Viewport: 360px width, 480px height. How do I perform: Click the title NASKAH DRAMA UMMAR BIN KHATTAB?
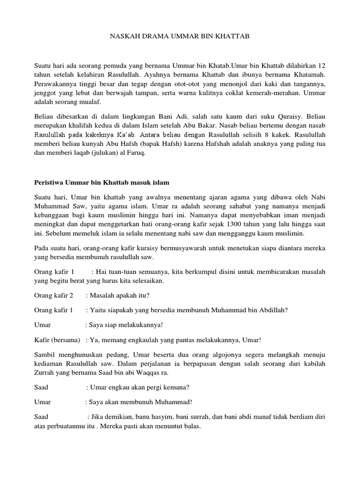tap(180, 36)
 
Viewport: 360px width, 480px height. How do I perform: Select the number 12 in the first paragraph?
tap(321, 65)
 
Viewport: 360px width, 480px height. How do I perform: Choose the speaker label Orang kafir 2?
tap(54, 295)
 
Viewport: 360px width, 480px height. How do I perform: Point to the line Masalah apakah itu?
tap(118, 295)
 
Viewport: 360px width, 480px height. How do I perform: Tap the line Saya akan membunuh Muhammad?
tap(139, 402)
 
